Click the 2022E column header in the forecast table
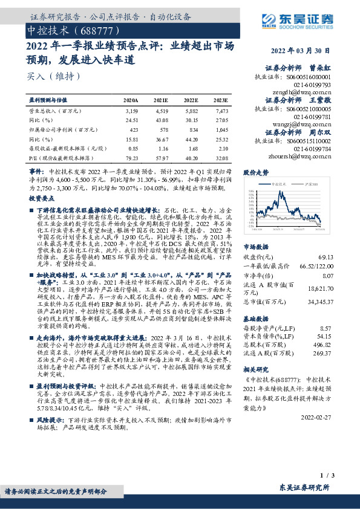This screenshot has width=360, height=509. pyautogui.click(x=191, y=100)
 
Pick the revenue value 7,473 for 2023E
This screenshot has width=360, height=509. pyautogui.click(x=222, y=111)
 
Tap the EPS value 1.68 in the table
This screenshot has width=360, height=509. pyautogui.click(x=193, y=149)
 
